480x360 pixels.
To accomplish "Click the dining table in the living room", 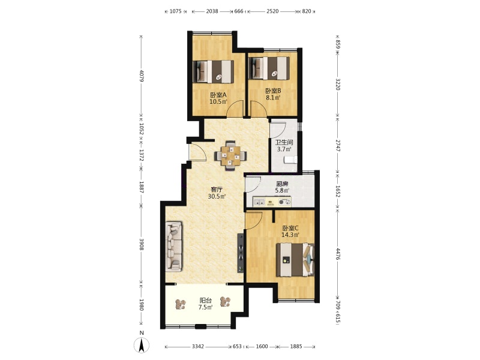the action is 231,156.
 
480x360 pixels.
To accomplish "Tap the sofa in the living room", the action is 174,247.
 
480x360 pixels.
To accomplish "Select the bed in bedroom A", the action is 213,71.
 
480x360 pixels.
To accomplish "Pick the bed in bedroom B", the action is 269,68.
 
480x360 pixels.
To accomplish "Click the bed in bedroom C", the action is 295,260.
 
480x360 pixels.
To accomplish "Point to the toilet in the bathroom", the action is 290,160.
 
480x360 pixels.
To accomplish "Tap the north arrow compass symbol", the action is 142,346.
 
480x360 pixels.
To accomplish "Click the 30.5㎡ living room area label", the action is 217,197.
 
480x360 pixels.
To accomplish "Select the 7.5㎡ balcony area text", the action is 205,307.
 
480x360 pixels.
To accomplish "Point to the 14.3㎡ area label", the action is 290,235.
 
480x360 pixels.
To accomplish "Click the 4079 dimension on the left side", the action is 142,76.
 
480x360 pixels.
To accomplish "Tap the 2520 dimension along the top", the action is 272,11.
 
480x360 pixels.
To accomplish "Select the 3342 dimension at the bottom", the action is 198,347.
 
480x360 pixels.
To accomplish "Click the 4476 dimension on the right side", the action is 338,254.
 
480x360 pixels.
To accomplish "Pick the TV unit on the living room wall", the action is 241,253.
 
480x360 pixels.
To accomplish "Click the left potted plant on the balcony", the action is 181,304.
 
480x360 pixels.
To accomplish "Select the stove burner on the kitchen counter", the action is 284,202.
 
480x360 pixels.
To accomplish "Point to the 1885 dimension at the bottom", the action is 296,347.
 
